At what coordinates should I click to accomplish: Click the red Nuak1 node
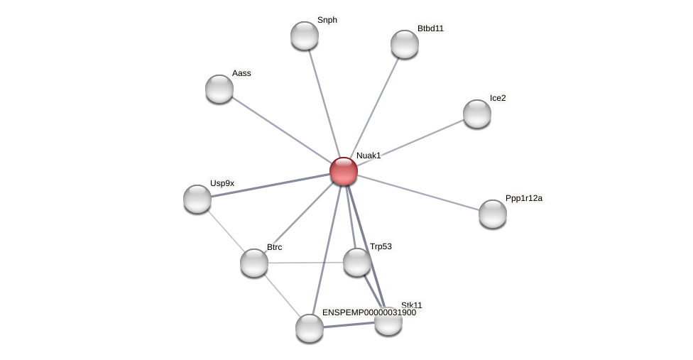(x=344, y=171)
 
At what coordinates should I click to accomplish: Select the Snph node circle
(x=305, y=36)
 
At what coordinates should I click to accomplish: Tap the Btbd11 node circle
(x=405, y=44)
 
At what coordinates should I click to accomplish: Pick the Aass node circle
(x=219, y=89)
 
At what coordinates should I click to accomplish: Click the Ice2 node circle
(x=477, y=114)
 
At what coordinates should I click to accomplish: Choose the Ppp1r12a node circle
(x=493, y=214)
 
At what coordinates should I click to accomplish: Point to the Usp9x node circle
(x=197, y=199)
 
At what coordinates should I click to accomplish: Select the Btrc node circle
(x=254, y=263)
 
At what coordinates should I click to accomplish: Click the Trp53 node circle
(x=357, y=262)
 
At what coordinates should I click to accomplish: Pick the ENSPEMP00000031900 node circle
(x=310, y=328)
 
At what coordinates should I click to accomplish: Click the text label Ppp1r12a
(x=523, y=198)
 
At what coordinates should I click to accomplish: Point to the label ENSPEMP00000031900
(x=369, y=312)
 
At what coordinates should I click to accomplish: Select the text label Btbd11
(x=430, y=28)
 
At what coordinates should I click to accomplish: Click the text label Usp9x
(x=222, y=183)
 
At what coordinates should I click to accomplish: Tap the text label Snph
(x=327, y=20)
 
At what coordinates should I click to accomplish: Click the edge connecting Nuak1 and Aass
(x=281, y=130)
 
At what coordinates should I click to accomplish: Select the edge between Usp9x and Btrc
(x=226, y=231)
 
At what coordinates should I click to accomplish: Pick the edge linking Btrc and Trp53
(x=305, y=263)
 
